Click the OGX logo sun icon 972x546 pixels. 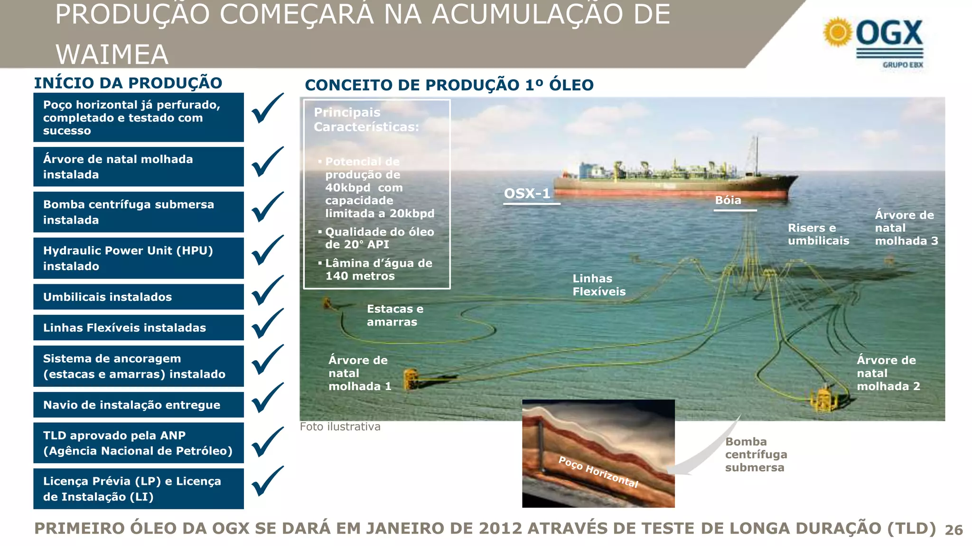[838, 32]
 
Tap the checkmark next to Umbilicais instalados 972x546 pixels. [267, 291]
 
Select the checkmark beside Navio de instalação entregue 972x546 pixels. [267, 399]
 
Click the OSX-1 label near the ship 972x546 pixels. [527, 193]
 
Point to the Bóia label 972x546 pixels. [728, 200]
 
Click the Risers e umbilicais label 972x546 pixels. [818, 234]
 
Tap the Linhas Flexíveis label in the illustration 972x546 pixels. [599, 285]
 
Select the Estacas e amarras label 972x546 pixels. [395, 315]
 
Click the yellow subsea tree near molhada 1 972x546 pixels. [411, 379]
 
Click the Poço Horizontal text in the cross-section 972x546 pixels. [598, 472]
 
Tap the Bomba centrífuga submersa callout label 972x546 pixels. [756, 455]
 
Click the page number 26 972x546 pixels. [953, 530]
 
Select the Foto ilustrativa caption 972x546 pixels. [340, 427]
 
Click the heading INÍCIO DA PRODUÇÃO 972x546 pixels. [128, 83]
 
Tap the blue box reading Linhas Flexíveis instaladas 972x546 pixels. [139, 328]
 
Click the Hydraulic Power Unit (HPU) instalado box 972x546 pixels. [139, 258]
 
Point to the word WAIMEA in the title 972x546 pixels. [112, 54]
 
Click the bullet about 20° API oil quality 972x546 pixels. [379, 238]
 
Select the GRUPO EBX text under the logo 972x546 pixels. [903, 65]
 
